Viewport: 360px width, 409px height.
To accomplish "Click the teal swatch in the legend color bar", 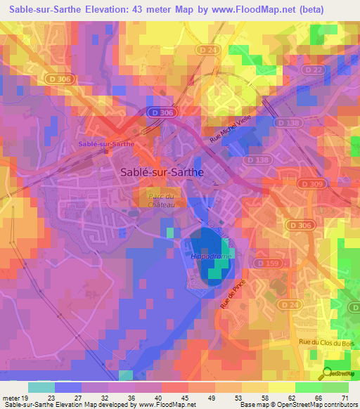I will pyautogui.click(x=41, y=387).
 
